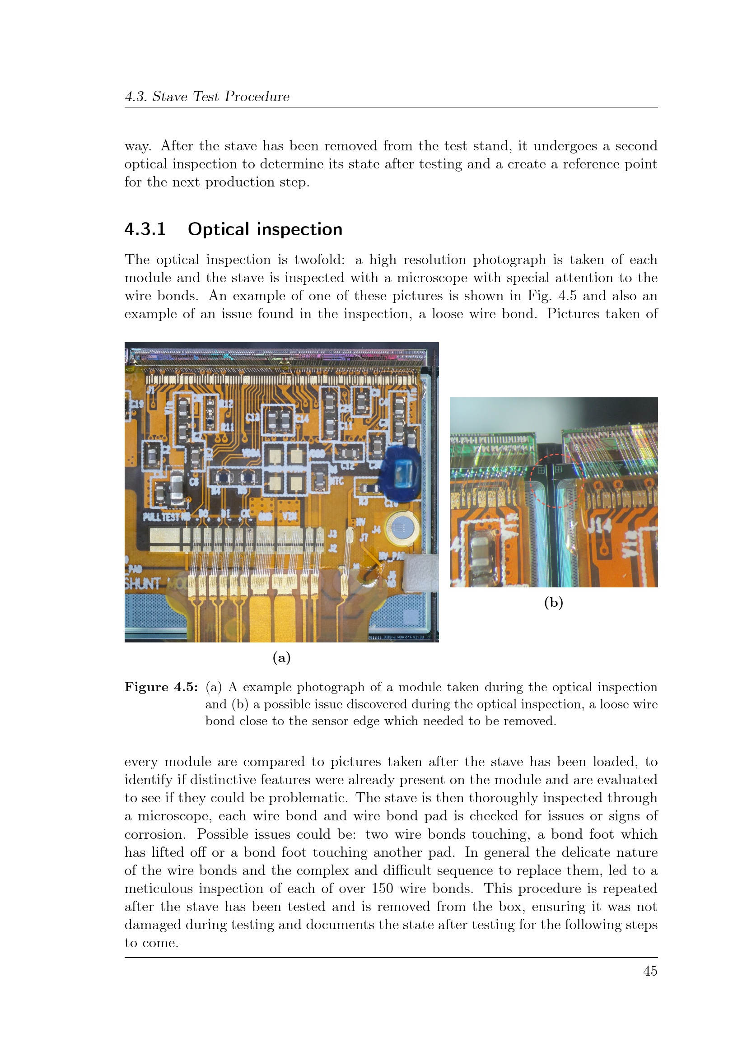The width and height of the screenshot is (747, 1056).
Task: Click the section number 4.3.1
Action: tap(145, 229)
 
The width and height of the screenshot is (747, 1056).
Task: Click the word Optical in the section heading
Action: tap(219, 229)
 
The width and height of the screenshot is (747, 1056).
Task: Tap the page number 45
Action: tap(650, 972)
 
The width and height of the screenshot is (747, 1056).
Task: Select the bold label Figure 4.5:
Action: tap(161, 687)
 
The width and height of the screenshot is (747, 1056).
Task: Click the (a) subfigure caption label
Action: tap(281, 658)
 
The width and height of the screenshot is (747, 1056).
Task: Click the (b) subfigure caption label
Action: tap(553, 603)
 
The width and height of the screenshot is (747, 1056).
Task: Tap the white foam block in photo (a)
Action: tap(420, 572)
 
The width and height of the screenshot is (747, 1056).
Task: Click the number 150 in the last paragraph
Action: tap(383, 888)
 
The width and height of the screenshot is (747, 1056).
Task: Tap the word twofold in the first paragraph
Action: tap(319, 260)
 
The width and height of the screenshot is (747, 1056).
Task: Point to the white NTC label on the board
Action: tap(337, 481)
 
